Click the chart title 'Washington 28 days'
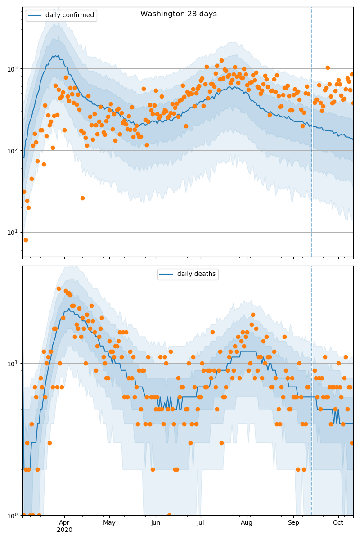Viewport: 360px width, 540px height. [x=178, y=14]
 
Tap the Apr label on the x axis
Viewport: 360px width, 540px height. [x=64, y=522]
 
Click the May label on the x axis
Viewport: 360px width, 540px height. [x=109, y=522]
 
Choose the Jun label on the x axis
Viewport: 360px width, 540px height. [x=156, y=522]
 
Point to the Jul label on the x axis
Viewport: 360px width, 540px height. [x=201, y=522]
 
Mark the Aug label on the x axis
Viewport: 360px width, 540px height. [x=247, y=522]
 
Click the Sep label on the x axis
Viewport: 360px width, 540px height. [x=293, y=522]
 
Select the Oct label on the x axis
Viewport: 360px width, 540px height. [x=338, y=522]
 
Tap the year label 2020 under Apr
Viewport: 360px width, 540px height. [x=64, y=530]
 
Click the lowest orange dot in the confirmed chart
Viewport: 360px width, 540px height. [x=26, y=240]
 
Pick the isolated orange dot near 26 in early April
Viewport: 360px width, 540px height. [x=82, y=198]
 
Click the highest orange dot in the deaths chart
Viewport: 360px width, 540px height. [x=58, y=288]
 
